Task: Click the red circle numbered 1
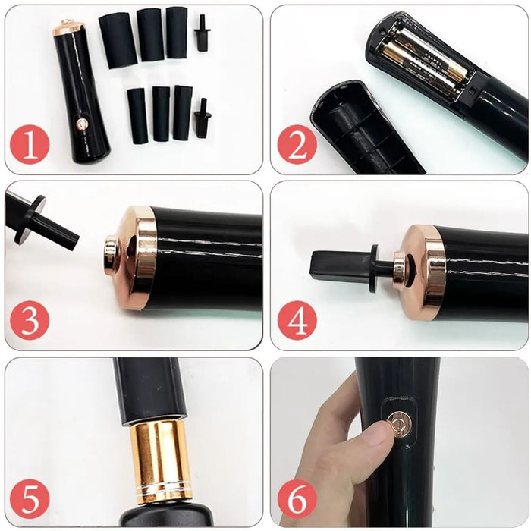(x=30, y=146)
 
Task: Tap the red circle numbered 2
(x=297, y=145)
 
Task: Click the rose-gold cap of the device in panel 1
(x=68, y=27)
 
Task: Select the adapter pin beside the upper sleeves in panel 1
(x=202, y=33)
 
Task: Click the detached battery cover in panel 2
(x=364, y=129)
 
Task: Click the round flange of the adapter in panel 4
(x=375, y=268)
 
